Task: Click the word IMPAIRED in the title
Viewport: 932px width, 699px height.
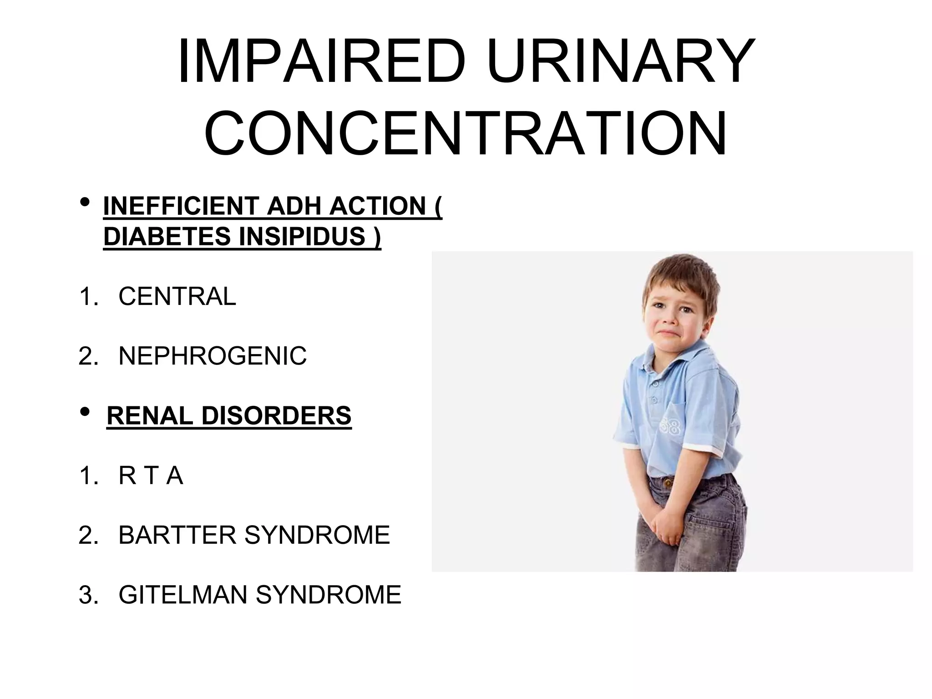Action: tap(321, 61)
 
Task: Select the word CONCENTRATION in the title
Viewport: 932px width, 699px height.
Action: tap(465, 132)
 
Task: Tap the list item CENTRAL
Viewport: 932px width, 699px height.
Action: tap(177, 296)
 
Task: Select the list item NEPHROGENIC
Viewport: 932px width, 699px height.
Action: tap(213, 356)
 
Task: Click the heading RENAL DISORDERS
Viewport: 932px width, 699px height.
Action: tap(229, 416)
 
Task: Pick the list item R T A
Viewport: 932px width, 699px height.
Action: tap(151, 476)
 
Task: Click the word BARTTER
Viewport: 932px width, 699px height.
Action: tap(177, 535)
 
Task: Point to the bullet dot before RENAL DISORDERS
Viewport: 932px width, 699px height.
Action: tap(85, 412)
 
